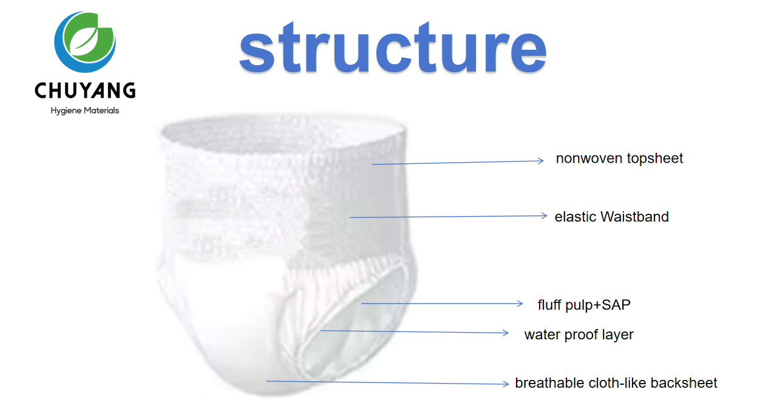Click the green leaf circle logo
(85, 43)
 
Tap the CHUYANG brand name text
(85, 91)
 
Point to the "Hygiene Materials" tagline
(85, 110)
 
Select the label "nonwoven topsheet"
(619, 158)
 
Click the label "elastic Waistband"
(611, 217)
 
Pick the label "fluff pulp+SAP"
(584, 305)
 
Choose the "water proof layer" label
(578, 334)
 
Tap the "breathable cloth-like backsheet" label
(616, 383)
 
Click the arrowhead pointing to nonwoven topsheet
(541, 161)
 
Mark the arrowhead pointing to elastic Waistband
(544, 215)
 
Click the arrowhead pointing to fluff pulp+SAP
(520, 303)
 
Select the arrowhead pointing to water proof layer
(506, 333)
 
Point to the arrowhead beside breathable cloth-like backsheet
(506, 384)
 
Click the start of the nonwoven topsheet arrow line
(373, 164)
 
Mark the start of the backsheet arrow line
(268, 381)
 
